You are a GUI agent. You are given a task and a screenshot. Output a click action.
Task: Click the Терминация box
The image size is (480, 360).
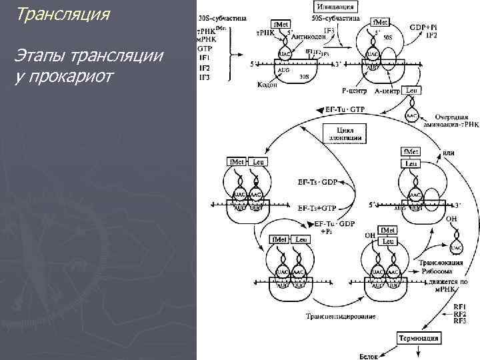click(x=420, y=338)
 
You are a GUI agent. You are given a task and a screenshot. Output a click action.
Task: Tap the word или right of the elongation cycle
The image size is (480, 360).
click(x=448, y=153)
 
